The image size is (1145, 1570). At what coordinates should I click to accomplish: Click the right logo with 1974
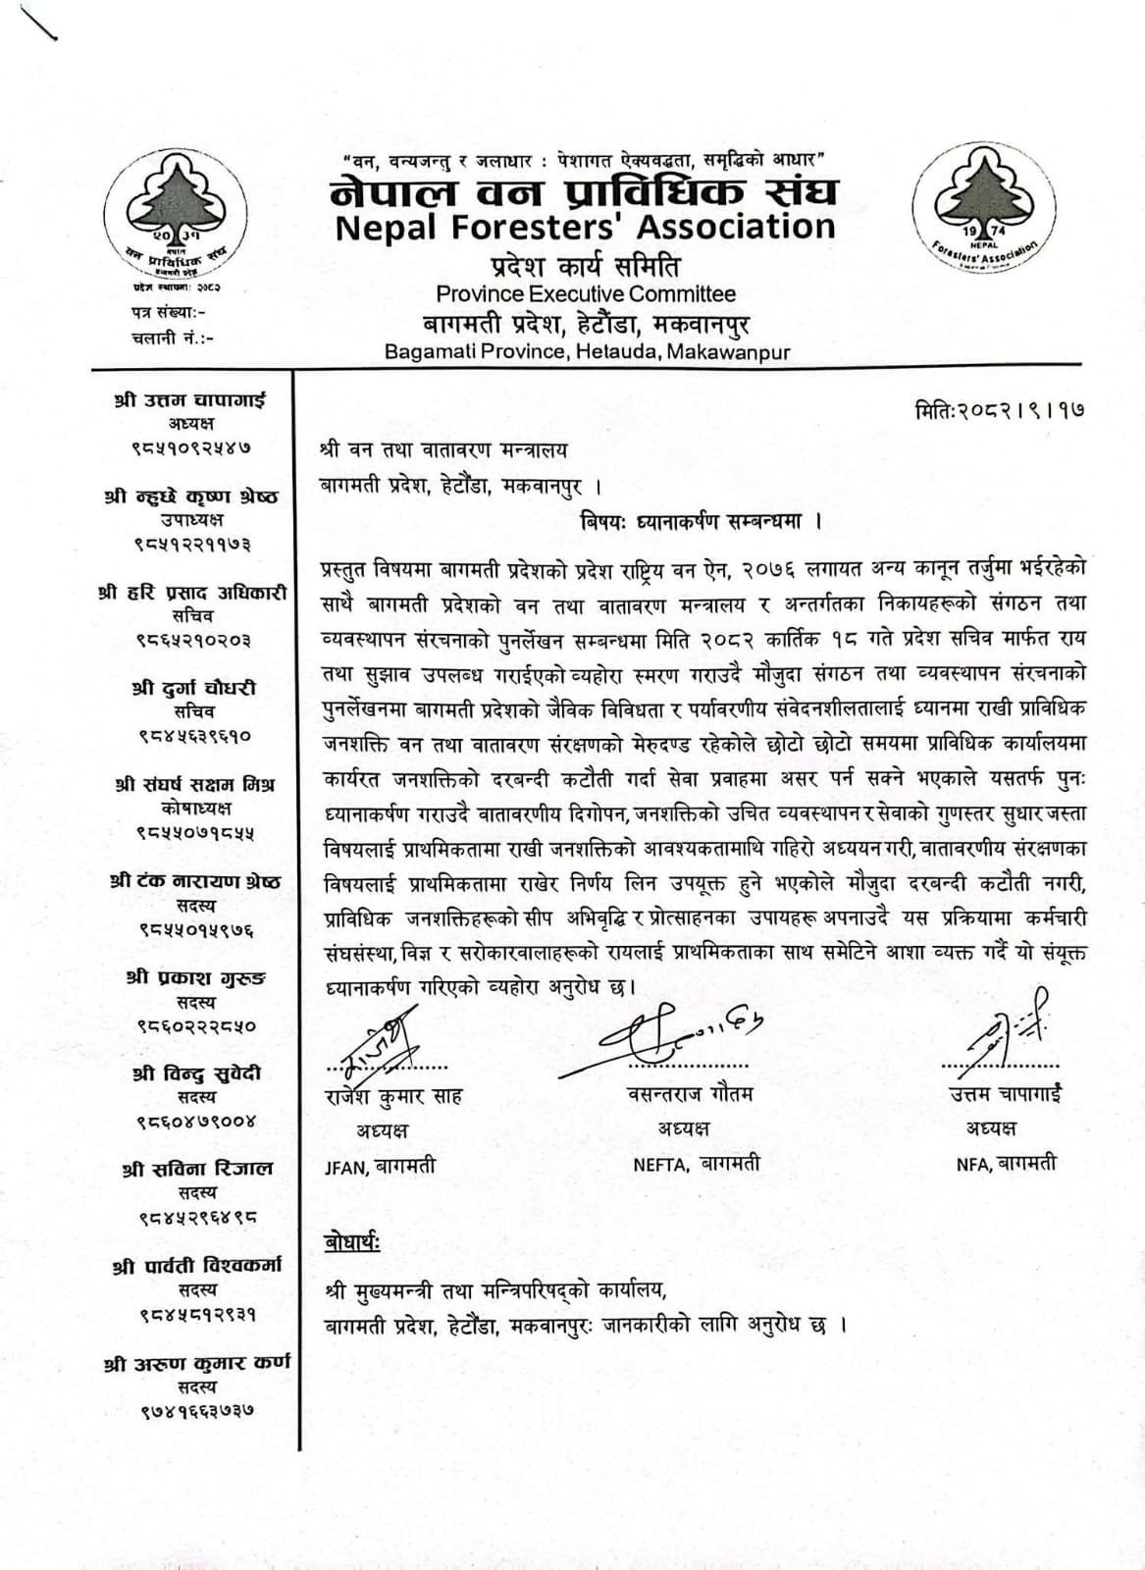(984, 207)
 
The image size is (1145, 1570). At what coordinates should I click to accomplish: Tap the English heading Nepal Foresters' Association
(585, 228)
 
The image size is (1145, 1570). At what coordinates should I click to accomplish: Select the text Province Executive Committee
(586, 293)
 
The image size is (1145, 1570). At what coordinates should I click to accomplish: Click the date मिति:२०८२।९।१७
(999, 409)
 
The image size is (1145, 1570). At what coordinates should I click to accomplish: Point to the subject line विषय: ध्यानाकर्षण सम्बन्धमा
(701, 521)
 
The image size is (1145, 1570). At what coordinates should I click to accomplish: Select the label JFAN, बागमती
(380, 1167)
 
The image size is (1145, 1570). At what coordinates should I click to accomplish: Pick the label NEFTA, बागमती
(697, 1165)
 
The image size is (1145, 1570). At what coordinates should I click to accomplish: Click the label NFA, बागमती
(1006, 1165)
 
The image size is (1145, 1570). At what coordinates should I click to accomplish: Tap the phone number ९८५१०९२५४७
(191, 447)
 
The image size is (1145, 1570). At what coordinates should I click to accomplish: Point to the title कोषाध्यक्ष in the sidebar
(196, 809)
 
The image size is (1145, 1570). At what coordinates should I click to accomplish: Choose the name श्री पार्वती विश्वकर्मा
(196, 1266)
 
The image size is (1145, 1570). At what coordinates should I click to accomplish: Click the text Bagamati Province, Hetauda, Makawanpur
(587, 351)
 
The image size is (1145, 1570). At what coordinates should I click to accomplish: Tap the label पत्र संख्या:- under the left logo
(168, 312)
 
